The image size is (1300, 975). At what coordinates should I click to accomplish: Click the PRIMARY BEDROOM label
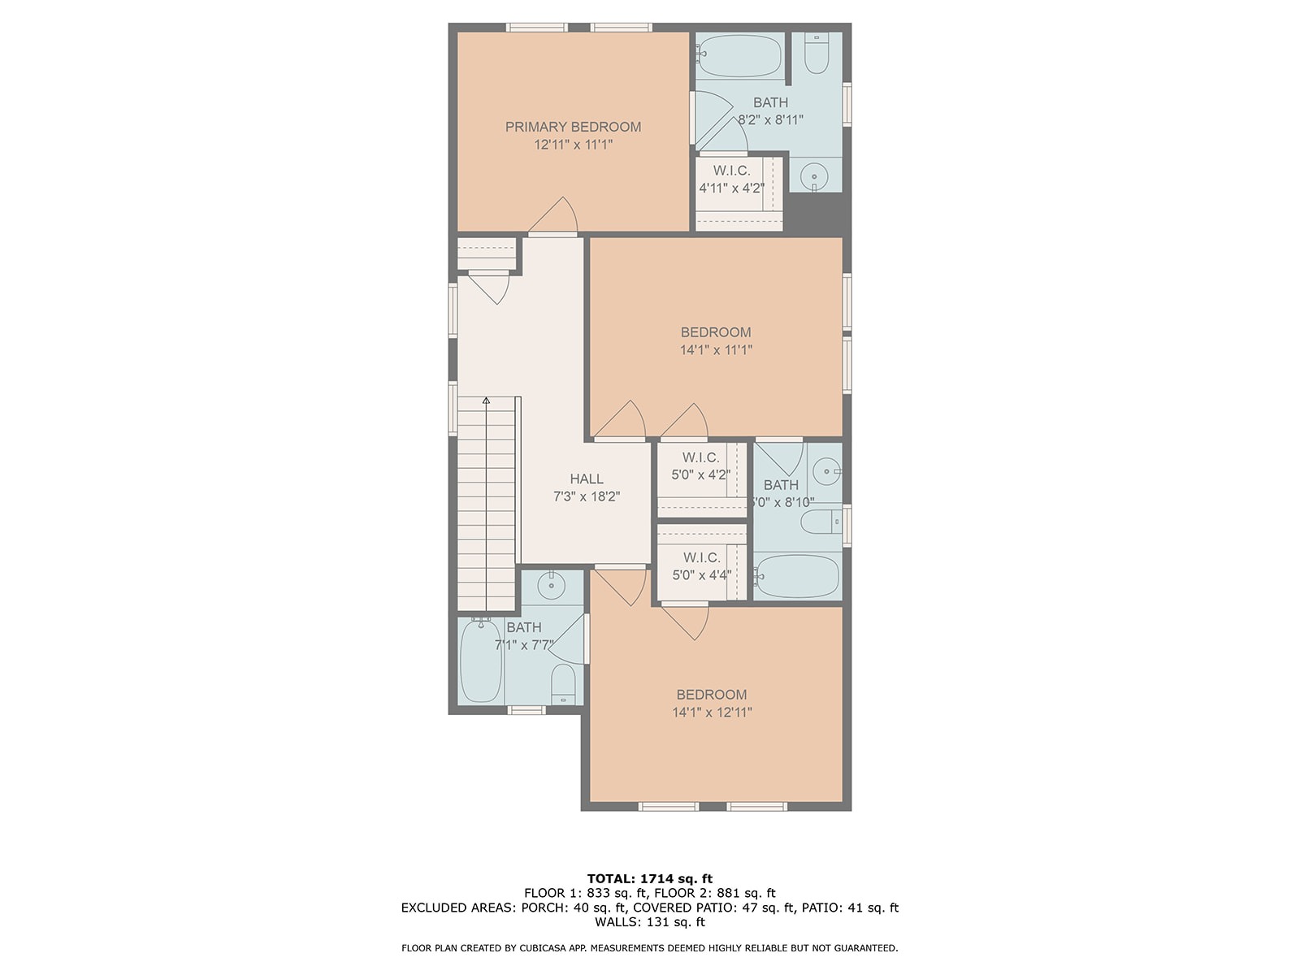(573, 127)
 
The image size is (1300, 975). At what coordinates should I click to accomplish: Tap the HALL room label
(587, 479)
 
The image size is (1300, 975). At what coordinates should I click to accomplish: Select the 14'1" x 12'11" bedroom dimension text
(712, 713)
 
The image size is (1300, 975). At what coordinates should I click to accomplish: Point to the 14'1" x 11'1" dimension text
(716, 350)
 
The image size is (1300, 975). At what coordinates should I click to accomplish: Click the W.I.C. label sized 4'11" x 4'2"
(731, 171)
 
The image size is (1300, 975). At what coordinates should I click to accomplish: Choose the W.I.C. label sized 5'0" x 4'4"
(702, 557)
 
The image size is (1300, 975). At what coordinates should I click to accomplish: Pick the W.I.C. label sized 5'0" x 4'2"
(700, 457)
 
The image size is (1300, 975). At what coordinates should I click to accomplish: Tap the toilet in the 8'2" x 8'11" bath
(817, 54)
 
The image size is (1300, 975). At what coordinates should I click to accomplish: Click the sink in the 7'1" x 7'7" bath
(552, 586)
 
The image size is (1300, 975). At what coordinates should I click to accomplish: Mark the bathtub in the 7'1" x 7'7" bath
(481, 660)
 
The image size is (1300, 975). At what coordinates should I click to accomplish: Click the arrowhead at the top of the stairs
(486, 401)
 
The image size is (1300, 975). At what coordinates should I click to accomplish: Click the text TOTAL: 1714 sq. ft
(650, 878)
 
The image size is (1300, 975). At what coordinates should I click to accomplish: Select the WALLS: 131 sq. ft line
(650, 921)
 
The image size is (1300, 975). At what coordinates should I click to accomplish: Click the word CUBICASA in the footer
(541, 947)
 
